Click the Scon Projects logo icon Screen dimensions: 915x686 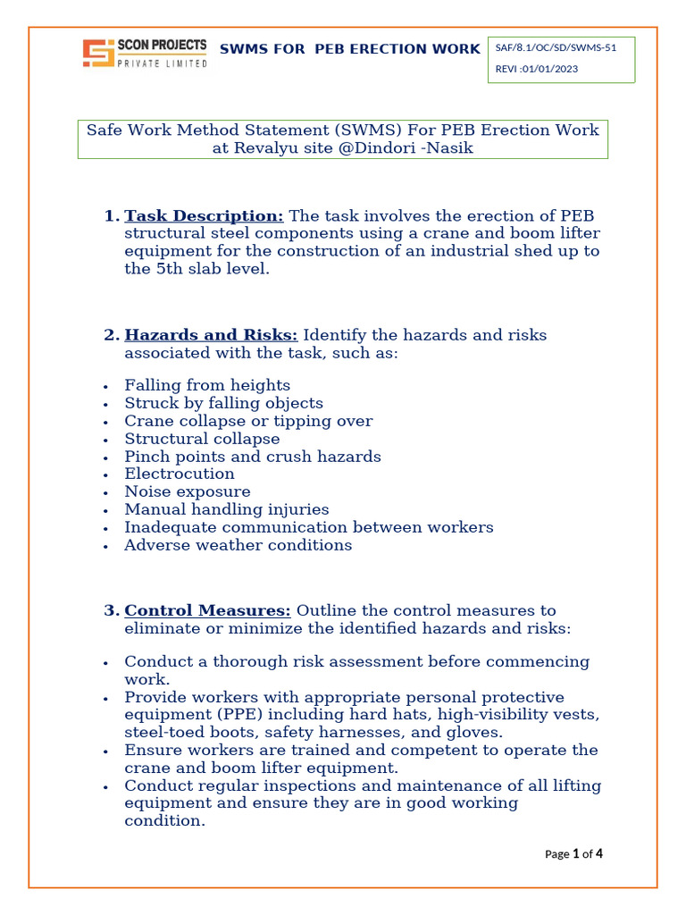tap(97, 54)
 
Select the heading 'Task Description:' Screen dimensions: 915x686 tap(204, 216)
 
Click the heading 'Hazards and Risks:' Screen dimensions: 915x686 tap(211, 335)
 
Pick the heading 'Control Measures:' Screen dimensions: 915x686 tap(207, 611)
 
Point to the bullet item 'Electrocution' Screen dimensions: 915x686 tap(180, 474)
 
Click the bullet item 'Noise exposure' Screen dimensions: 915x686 tap(188, 492)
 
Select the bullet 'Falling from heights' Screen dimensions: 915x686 tap(207, 385)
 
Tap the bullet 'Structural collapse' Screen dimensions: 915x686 tap(202, 439)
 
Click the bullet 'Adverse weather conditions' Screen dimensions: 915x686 tap(238, 545)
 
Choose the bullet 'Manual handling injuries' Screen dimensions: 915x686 tap(227, 510)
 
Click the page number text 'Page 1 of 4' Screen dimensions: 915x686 tap(573, 854)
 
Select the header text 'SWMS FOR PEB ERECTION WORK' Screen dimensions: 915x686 tap(349, 49)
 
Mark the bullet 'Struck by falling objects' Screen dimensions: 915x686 tap(223, 403)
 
